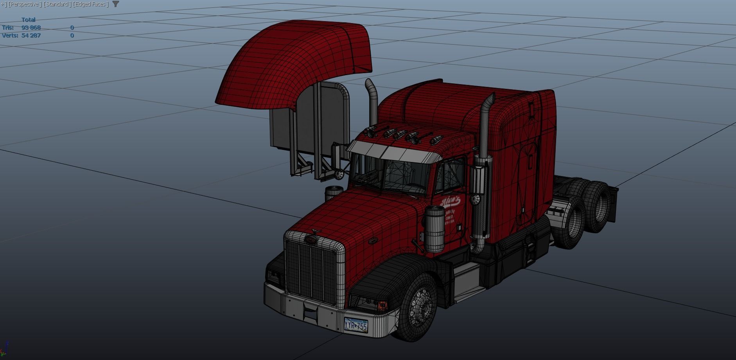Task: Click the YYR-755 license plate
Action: click(355, 325)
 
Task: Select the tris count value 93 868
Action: click(31, 28)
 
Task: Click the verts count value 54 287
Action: click(31, 36)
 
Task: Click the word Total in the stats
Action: click(29, 20)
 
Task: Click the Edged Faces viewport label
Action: click(91, 4)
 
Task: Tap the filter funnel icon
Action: click(116, 4)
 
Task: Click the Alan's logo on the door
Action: click(451, 201)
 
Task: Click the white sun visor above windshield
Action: click(391, 152)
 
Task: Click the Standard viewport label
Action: click(57, 4)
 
